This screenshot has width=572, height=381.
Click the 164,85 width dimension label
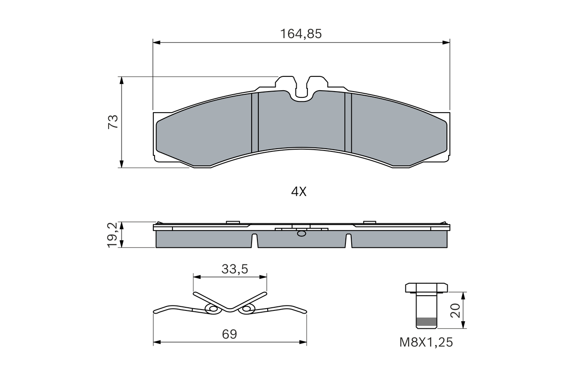pos(301,33)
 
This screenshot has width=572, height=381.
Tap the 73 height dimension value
pos(113,122)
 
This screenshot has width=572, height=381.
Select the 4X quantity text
pos(299,192)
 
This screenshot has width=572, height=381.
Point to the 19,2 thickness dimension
pos(112,235)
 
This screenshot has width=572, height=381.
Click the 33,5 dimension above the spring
pos(235,269)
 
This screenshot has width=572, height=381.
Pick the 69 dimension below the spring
pos(230,334)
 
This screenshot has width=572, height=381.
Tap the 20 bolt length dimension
pos(455,310)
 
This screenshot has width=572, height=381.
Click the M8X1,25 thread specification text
pos(426,343)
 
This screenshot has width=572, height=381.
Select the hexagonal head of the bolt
pos(426,288)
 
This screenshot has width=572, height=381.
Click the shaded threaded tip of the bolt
pos(426,323)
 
